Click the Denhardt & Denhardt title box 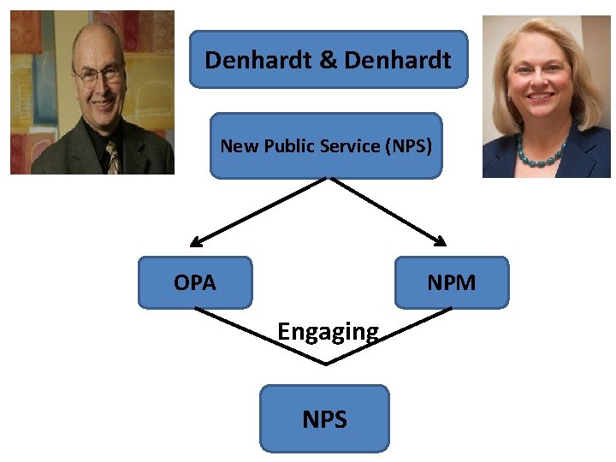(329, 60)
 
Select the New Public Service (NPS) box (326, 145)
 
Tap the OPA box (195, 282)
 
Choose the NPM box (451, 282)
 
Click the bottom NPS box (324, 419)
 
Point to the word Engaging (328, 331)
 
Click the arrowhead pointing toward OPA (196, 243)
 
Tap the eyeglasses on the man (98, 75)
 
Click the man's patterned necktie (112, 157)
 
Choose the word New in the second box (235, 145)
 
